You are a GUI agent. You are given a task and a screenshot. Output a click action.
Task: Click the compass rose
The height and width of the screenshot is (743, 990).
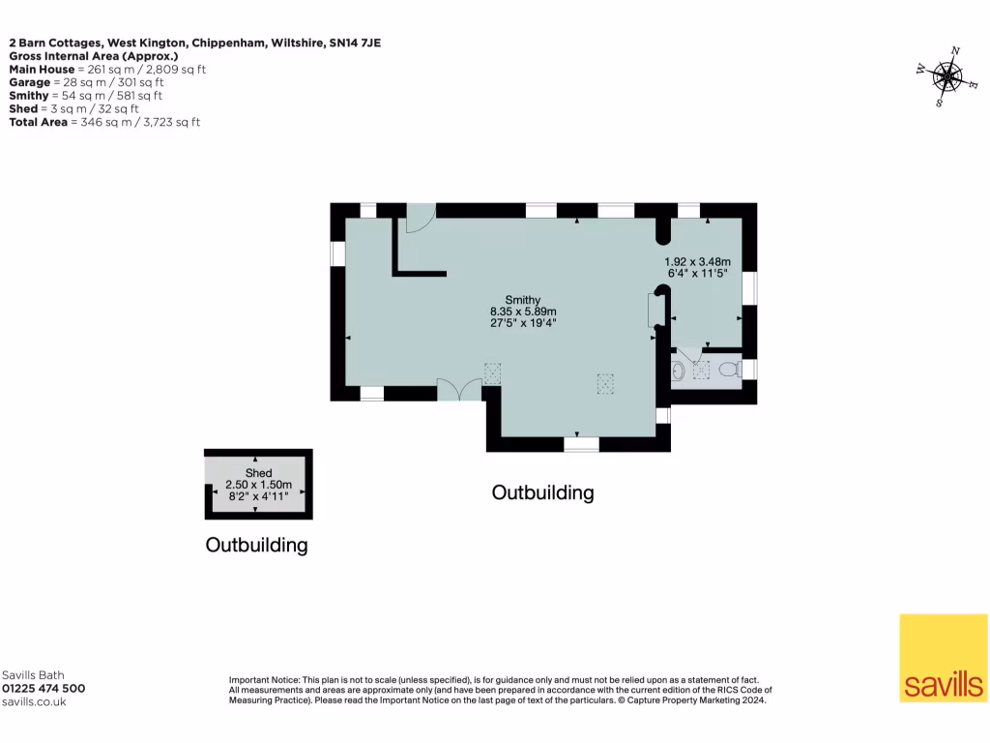point(946,76)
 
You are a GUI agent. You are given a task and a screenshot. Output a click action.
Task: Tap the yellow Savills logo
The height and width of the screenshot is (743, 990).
point(943,658)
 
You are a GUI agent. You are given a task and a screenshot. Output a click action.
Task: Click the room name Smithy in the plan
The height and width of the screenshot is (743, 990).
point(522,300)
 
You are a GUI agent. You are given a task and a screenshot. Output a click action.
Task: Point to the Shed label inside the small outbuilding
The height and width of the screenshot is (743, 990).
point(258,473)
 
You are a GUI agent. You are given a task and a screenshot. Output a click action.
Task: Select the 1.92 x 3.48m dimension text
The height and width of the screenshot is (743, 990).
point(697,262)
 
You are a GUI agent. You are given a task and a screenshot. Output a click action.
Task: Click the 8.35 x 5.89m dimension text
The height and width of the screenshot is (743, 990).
point(523,312)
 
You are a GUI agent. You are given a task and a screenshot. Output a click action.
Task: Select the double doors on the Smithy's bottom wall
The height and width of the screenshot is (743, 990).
point(458,390)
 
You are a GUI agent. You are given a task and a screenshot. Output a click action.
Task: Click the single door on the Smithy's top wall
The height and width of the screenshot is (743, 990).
point(420,219)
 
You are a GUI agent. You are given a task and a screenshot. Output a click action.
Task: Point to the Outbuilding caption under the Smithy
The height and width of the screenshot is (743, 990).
point(542,492)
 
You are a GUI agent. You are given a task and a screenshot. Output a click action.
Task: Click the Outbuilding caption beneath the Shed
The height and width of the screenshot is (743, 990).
point(256,546)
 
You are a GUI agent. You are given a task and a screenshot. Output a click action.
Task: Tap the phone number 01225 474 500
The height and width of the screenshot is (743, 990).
point(44,689)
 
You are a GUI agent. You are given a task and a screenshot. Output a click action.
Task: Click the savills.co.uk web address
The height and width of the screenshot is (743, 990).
point(34,702)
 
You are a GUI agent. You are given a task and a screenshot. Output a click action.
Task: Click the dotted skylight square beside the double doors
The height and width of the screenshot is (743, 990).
point(493,373)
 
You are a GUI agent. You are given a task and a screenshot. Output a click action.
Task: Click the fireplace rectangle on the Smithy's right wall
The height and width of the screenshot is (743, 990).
point(651,312)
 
